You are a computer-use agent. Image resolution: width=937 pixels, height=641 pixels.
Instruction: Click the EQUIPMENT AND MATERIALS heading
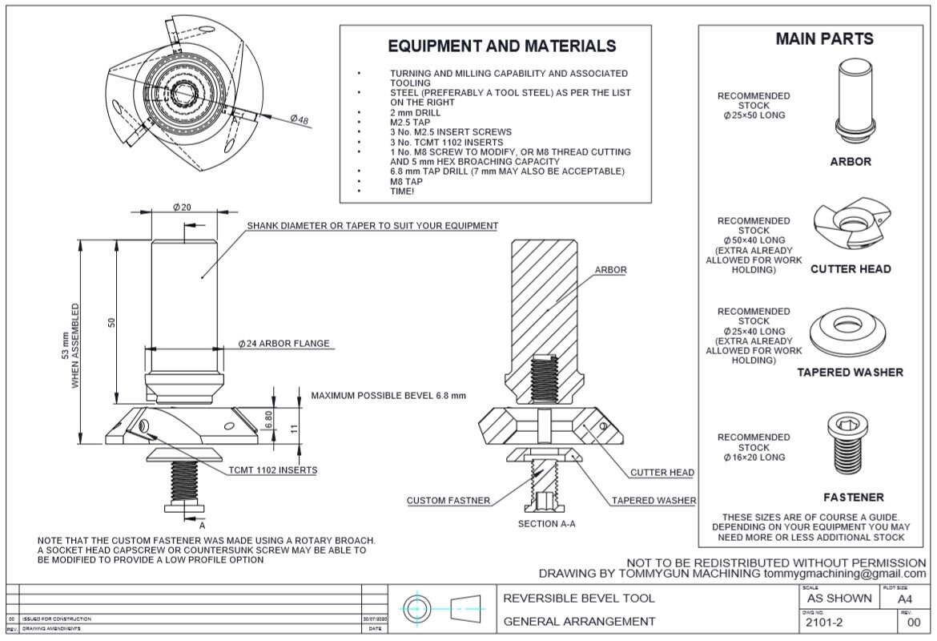[x=502, y=46]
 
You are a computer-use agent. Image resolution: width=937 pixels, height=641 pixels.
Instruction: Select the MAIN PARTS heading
[x=824, y=38]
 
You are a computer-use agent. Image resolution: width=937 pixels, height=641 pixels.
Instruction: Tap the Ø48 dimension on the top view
[x=300, y=119]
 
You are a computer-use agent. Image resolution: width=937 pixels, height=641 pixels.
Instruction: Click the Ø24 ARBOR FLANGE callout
[x=284, y=344]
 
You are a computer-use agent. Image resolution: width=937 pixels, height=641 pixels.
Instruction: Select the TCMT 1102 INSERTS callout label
[x=272, y=470]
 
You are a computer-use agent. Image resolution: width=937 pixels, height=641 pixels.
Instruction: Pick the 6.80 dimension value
[x=270, y=419]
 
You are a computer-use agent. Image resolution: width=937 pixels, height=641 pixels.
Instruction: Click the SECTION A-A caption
[x=547, y=523]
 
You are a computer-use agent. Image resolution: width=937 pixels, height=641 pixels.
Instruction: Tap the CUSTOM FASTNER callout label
[x=448, y=501]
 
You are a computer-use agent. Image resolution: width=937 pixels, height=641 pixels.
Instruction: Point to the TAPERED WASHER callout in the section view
[x=653, y=501]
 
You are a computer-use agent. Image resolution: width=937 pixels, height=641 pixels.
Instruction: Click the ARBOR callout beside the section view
[x=610, y=270]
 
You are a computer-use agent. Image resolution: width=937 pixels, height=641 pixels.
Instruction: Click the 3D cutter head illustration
[x=850, y=227]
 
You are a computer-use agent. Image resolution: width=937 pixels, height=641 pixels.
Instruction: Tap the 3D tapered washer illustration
[x=850, y=329]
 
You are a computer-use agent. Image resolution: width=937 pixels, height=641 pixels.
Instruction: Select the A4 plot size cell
[x=904, y=599]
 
